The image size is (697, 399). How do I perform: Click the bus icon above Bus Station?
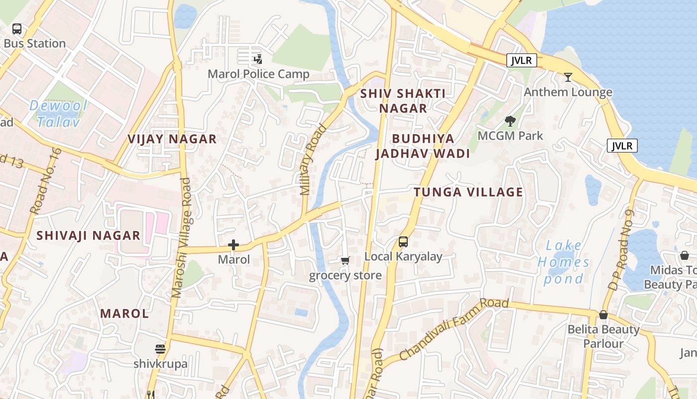[x=17, y=29]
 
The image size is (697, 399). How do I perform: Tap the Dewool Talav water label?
[x=58, y=113]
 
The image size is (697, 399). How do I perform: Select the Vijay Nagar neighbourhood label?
[x=172, y=139]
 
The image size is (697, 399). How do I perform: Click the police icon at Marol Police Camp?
[x=258, y=59]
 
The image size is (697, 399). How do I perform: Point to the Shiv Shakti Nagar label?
[x=403, y=101]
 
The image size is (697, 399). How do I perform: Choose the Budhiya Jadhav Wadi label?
[x=423, y=146]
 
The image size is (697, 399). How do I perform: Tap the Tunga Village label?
[x=468, y=192]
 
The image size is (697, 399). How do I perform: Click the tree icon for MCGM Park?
[x=510, y=121]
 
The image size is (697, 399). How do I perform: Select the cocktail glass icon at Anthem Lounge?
[x=568, y=77]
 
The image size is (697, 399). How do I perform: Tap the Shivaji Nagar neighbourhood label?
[x=88, y=235]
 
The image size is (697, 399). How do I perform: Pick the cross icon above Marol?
[x=233, y=245]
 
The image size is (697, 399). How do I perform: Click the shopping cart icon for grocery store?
[x=345, y=260]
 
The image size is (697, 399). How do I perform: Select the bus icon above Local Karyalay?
[x=403, y=242]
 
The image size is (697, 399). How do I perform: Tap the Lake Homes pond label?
[x=564, y=262]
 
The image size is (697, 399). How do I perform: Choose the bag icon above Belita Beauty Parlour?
[x=603, y=315]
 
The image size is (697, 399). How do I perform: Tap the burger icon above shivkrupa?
[x=160, y=349]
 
